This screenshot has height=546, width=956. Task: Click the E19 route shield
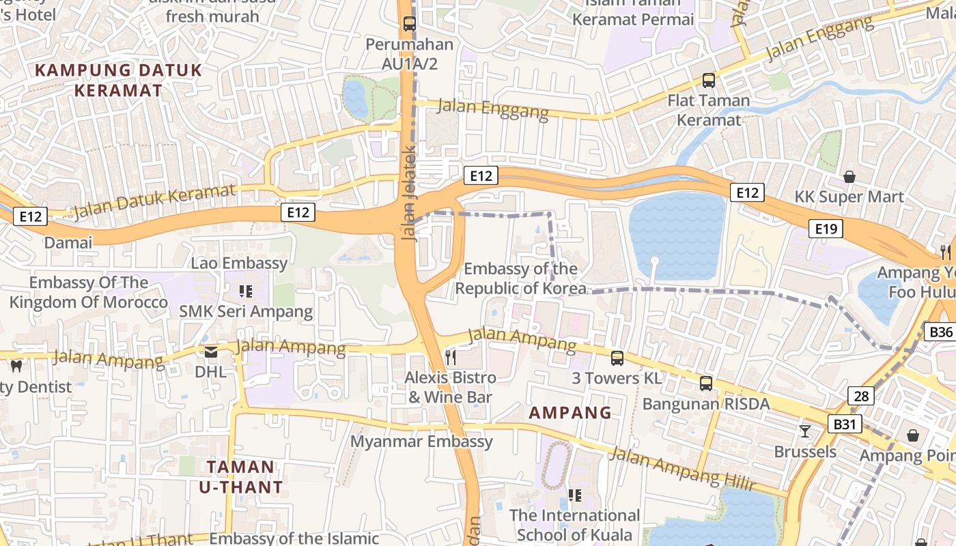click(x=826, y=229)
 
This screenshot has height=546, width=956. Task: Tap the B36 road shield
click(x=941, y=332)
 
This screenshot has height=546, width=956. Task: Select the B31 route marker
click(x=845, y=425)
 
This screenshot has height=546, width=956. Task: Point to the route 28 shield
click(x=861, y=396)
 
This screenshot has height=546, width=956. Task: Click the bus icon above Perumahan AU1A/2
click(x=409, y=24)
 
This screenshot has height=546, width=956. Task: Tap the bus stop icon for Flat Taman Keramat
click(x=709, y=81)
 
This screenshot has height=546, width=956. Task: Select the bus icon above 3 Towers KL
click(x=617, y=358)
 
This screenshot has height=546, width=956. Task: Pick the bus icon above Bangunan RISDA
click(x=706, y=384)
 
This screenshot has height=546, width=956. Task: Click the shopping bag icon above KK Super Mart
click(x=849, y=177)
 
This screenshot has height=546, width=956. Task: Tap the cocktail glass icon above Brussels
click(x=805, y=431)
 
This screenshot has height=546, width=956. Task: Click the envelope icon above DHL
click(x=210, y=352)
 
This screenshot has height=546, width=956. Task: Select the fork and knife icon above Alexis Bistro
click(x=450, y=356)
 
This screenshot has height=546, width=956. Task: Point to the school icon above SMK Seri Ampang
click(x=246, y=292)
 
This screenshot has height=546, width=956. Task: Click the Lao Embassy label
click(x=239, y=263)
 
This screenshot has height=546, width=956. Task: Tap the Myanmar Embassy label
click(x=421, y=442)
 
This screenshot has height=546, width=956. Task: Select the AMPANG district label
click(x=570, y=413)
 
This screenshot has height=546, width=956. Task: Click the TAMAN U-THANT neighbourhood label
click(x=240, y=477)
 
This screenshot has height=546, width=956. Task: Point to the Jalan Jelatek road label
click(x=409, y=193)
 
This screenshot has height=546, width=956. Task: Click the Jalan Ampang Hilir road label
click(x=683, y=470)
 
